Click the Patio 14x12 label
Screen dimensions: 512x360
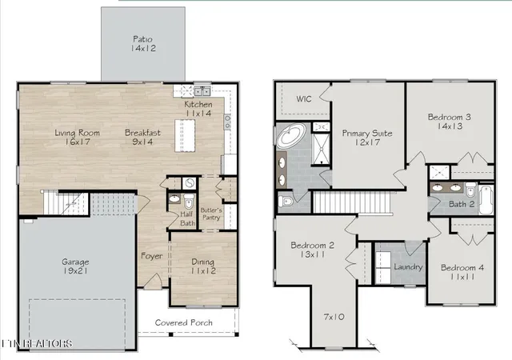tap(143, 44)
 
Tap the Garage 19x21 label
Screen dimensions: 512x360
tap(75, 266)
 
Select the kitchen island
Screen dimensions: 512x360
tap(185, 135)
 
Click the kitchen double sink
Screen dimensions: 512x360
tap(202, 91)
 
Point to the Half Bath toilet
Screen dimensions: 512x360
tap(189, 202)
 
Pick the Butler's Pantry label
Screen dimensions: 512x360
tap(211, 214)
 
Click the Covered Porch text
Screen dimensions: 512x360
tap(183, 322)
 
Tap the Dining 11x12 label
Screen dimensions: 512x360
tap(202, 266)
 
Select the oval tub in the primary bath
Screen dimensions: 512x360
tap(291, 135)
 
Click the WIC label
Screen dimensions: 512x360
tap(304, 98)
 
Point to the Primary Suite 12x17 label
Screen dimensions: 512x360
tap(367, 138)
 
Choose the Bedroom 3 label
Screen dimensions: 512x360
tap(450, 117)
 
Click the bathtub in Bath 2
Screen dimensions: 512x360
tap(486, 200)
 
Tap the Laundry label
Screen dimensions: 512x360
tap(408, 267)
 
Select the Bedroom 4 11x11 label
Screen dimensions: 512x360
tap(462, 272)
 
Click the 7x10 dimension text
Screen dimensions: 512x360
tap(334, 317)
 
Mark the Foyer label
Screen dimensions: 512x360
tap(151, 256)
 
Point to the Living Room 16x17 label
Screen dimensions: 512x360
tap(77, 138)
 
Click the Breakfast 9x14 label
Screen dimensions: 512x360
tap(142, 138)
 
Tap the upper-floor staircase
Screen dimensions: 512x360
tap(352, 202)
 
